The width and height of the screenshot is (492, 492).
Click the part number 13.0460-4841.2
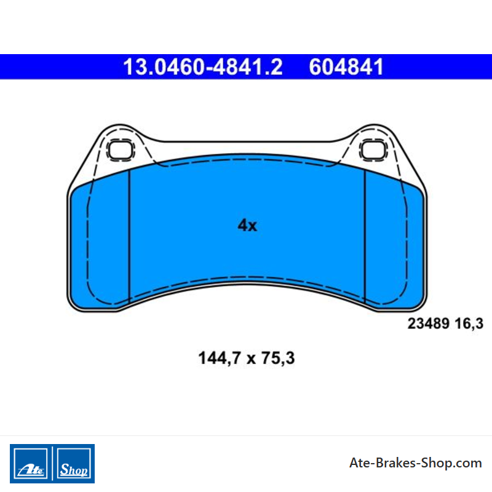(203, 67)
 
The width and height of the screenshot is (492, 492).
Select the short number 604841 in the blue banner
(346, 67)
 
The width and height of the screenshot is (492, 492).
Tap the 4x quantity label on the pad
(247, 225)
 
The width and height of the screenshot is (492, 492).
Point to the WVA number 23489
(428, 323)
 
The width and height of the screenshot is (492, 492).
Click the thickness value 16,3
(469, 324)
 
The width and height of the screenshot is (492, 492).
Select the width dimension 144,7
(220, 359)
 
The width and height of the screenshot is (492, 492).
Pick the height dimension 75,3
(278, 359)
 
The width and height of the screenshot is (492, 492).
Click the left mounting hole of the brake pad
(121, 149)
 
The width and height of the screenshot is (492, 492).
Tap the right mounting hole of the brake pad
(373, 149)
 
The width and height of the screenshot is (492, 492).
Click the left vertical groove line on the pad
(129, 237)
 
